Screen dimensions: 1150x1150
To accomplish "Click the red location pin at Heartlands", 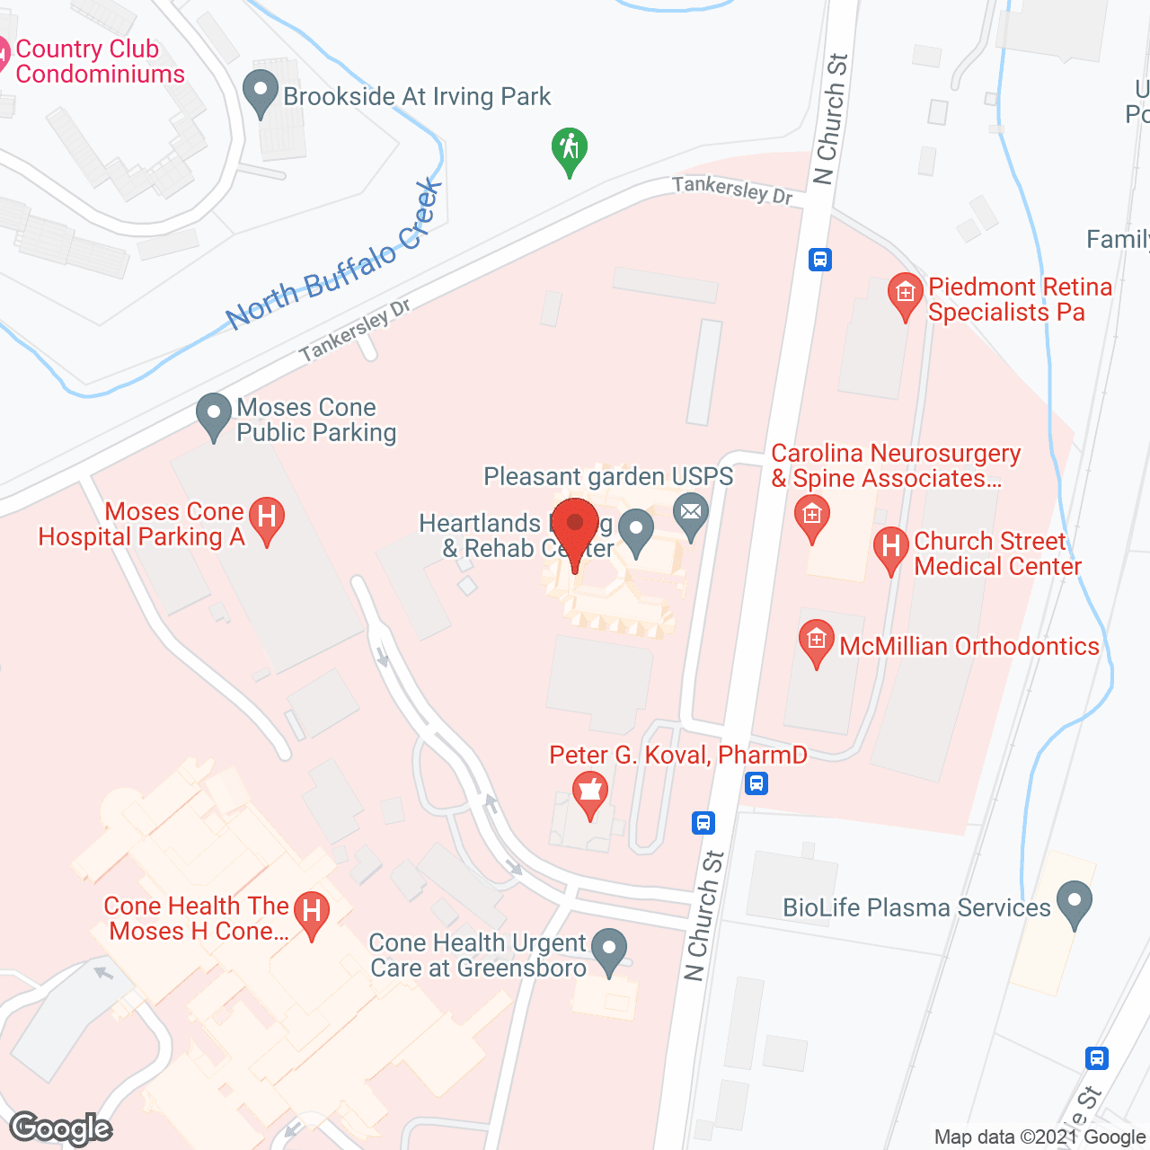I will [575, 525].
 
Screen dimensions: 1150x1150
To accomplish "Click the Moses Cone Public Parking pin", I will [214, 415].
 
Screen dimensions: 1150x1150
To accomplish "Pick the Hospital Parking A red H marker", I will [266, 518].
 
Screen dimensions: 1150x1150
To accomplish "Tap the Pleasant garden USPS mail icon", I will [691, 514].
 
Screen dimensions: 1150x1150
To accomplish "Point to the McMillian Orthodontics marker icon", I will [816, 641].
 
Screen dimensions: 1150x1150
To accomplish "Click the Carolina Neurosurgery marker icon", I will [812, 516].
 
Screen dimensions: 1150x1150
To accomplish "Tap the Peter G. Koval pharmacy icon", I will [590, 792].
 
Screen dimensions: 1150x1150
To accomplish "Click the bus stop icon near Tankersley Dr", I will [819, 260].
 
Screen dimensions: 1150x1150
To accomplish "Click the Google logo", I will [61, 1128].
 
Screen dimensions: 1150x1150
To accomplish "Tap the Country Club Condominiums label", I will [99, 61].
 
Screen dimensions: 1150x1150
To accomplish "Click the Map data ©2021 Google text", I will [1039, 1137].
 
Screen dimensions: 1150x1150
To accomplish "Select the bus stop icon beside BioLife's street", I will [1096, 1057].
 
